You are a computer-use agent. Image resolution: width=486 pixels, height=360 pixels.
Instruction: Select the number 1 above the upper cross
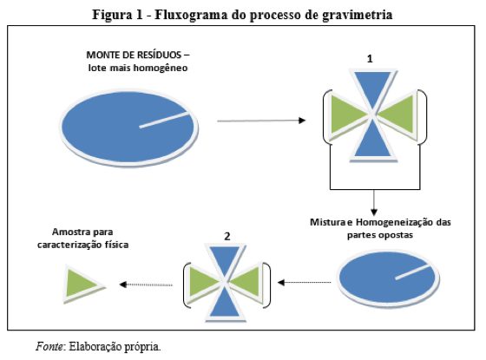point(370,59)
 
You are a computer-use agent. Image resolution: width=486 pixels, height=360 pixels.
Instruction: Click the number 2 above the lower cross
point(227,236)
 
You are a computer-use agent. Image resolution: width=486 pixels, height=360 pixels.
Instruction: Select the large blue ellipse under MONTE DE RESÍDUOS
point(128,128)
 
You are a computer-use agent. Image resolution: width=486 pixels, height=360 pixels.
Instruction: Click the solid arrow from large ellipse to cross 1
point(261,121)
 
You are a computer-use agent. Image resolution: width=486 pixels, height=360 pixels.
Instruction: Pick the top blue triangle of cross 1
point(373,88)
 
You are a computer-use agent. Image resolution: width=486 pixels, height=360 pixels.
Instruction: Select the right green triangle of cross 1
point(398,115)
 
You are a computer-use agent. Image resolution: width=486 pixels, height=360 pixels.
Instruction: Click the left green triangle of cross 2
point(204,282)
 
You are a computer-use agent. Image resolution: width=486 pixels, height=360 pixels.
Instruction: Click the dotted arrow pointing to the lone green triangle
point(146,285)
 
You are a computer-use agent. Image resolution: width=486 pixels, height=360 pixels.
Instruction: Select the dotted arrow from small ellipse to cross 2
point(304,283)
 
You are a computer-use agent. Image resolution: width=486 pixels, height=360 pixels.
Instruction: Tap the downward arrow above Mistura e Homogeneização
point(374,203)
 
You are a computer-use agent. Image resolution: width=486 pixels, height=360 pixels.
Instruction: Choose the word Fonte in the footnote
point(49,346)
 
